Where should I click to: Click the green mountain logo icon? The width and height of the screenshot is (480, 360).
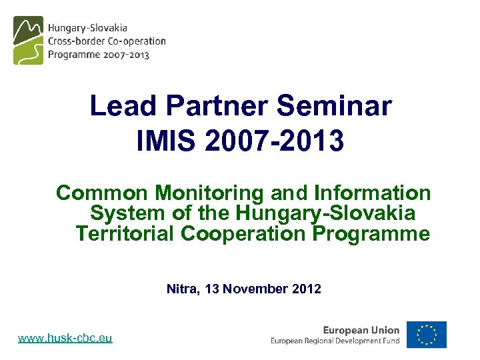click(28, 41)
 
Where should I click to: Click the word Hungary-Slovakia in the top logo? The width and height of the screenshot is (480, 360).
click(87, 29)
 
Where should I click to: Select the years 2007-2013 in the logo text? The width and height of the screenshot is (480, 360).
click(126, 55)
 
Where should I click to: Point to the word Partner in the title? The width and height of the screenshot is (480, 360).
click(217, 106)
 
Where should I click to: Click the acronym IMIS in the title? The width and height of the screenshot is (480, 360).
click(167, 141)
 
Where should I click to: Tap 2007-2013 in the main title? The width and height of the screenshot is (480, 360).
click(275, 141)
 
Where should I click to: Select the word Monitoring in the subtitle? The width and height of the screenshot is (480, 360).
click(210, 193)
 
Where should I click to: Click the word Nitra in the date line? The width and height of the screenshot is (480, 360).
click(181, 289)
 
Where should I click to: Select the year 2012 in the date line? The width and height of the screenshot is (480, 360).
click(306, 289)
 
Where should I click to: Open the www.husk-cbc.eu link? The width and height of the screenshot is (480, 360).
click(65, 339)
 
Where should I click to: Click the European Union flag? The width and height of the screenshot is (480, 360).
click(427, 335)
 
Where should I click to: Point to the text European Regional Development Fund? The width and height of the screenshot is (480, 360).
click(335, 341)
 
